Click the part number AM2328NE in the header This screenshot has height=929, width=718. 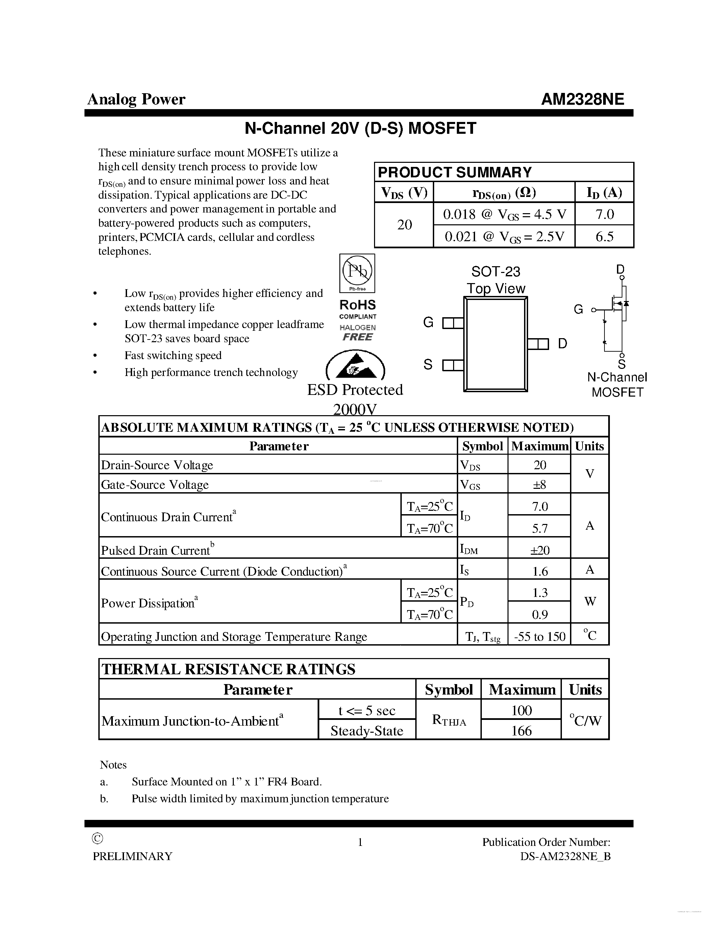click(x=582, y=99)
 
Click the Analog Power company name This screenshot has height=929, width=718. click(x=136, y=99)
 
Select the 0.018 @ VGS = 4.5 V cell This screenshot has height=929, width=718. click(x=504, y=214)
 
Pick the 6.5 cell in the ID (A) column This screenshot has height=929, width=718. click(x=604, y=236)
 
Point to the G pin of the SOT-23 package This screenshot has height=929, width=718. click(x=452, y=324)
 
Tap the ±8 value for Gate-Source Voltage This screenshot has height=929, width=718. click(x=539, y=484)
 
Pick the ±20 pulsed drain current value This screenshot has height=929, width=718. click(x=539, y=550)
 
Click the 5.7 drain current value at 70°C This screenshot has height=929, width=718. click(x=539, y=528)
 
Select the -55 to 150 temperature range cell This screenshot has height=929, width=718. click(x=539, y=636)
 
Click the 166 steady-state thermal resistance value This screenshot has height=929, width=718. click(x=521, y=731)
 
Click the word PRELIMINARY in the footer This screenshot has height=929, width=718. click(x=133, y=856)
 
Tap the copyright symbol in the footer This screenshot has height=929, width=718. click(x=97, y=838)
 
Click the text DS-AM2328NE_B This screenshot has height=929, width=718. click(x=565, y=856)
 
